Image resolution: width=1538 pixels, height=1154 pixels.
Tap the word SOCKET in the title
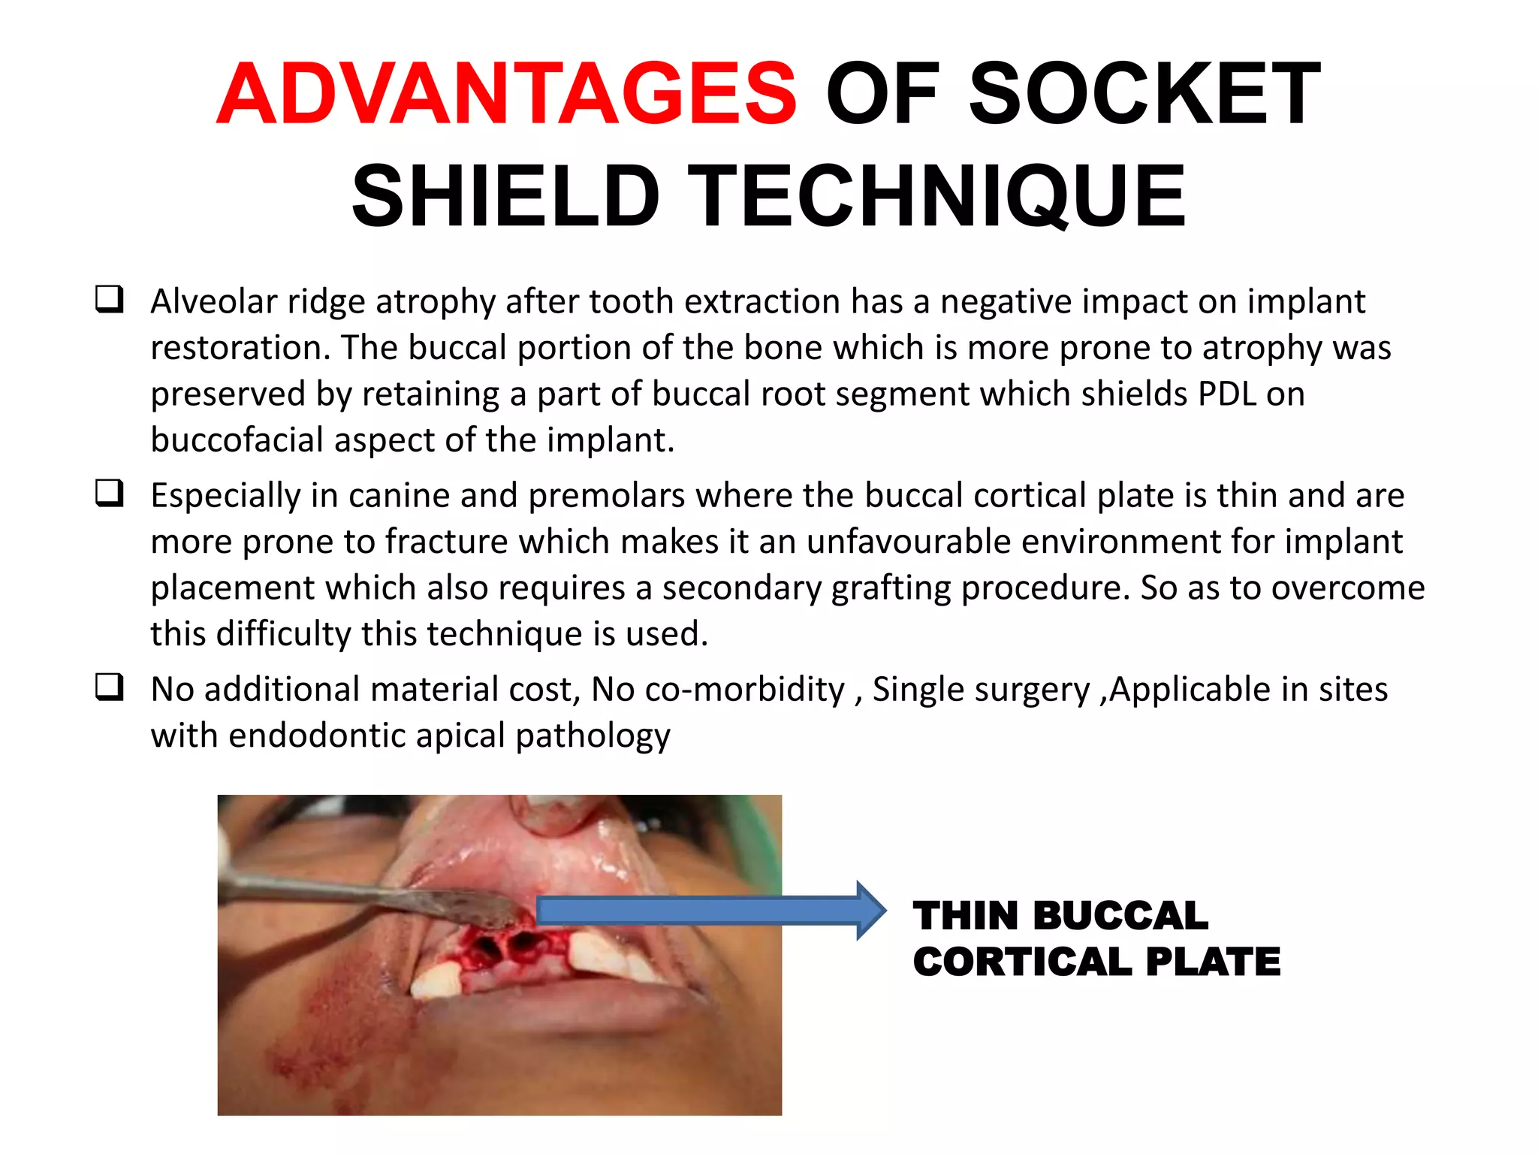(x=1144, y=95)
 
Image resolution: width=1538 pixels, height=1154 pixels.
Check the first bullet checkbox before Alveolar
(x=109, y=299)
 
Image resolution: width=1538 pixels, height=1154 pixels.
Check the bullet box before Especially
(x=109, y=493)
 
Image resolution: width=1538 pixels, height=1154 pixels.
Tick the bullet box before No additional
(x=109, y=687)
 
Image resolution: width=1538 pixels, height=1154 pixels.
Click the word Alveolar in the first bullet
(x=214, y=302)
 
